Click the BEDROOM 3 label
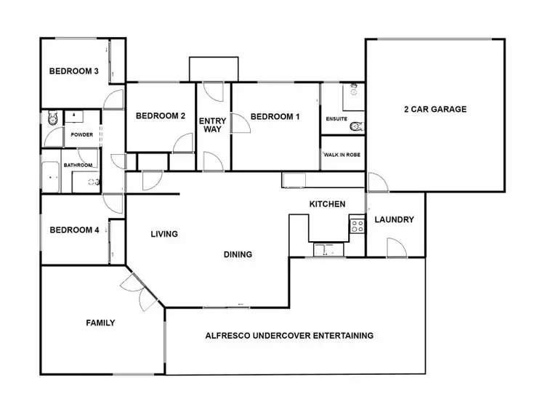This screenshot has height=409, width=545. point(73,71)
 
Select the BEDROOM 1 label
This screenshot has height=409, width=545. point(274,116)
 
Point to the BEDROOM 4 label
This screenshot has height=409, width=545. point(73,231)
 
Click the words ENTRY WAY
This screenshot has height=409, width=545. point(213,125)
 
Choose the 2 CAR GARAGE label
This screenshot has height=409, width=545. point(435,110)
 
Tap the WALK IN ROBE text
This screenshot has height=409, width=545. point(342,155)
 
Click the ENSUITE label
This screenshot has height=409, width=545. point(336,118)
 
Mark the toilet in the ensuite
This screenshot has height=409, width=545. point(355,126)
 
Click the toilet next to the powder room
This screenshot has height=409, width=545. point(51,120)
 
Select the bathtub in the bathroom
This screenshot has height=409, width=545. point(49,177)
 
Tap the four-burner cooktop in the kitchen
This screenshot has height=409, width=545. point(357,225)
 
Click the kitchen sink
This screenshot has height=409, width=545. point(326,250)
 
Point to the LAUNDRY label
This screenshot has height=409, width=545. point(394,219)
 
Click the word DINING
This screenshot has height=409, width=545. point(238,254)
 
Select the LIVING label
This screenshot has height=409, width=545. point(164,234)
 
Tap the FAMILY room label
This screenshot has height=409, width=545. point(100,323)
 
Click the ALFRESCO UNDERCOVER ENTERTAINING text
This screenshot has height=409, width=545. point(289,336)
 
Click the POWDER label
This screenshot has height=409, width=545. point(81,135)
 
